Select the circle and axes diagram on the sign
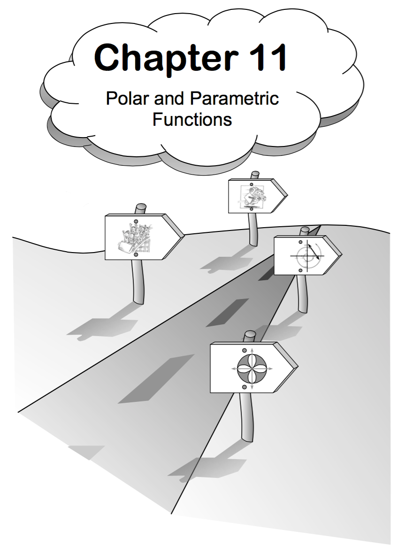[306, 255]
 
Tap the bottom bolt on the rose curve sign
[244, 386]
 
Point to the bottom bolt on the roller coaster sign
[136, 254]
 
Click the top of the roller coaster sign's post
[140, 207]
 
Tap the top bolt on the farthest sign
[252, 184]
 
